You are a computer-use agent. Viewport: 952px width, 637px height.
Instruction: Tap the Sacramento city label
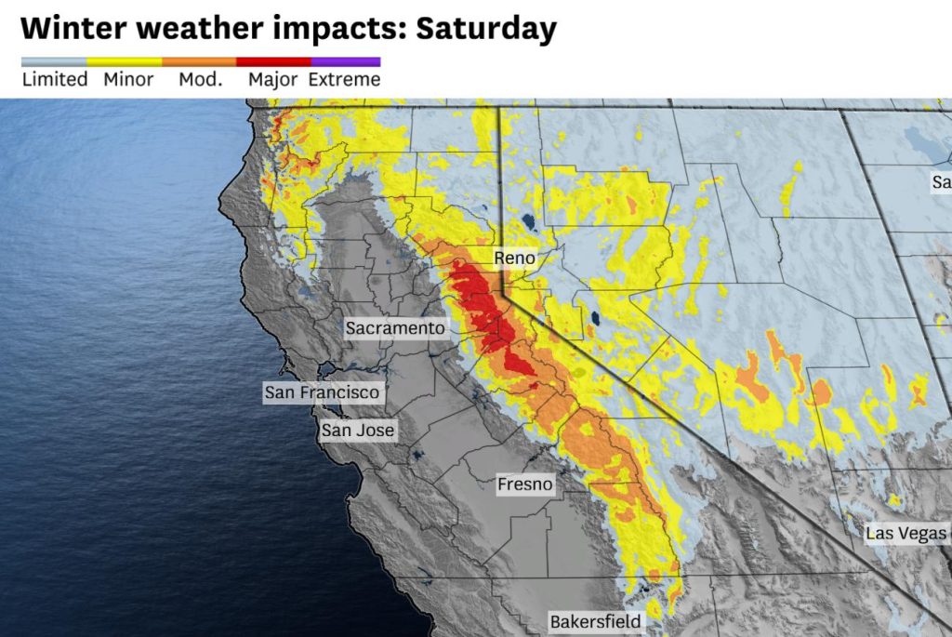coord(395,328)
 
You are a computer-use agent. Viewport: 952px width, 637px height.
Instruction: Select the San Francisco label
coord(322,392)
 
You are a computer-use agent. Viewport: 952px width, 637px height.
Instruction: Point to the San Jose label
coord(358,431)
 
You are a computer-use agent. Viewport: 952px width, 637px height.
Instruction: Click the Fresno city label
coord(524,484)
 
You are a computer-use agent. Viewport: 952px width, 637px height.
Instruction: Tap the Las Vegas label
coord(905,534)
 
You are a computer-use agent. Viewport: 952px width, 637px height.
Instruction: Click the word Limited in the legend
coord(55,80)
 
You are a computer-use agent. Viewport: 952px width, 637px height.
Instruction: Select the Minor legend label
coord(127,80)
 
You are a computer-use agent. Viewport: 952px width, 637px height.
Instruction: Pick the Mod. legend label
coord(201,80)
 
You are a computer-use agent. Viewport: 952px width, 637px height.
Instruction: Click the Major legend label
coord(272,80)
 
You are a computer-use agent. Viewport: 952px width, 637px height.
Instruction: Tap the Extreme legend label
coord(345,80)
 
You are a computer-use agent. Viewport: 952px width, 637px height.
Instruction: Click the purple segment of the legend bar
coord(345,62)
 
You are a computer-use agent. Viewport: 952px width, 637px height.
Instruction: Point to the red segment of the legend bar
coord(272,62)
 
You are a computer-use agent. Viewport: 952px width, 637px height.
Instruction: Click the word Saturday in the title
coord(486,28)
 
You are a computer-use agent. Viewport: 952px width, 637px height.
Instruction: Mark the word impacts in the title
coord(340,28)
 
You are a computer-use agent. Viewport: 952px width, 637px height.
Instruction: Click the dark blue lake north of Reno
coord(528,223)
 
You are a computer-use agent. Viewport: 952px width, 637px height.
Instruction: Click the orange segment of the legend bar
coord(200,62)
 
